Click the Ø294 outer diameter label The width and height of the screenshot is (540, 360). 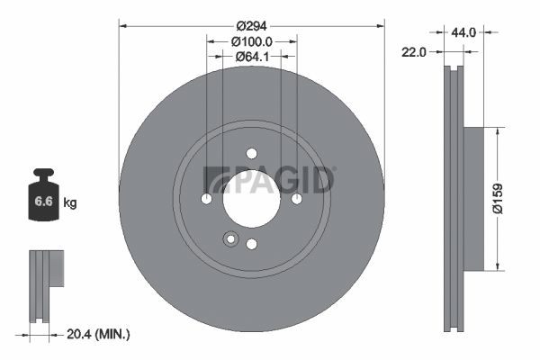(x=251, y=25)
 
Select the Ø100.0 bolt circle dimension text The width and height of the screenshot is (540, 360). (x=251, y=41)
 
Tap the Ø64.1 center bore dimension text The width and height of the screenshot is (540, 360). (x=251, y=57)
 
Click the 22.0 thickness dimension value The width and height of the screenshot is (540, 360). (x=414, y=52)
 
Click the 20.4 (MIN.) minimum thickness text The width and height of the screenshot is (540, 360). (x=98, y=334)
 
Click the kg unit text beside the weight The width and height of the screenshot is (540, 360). (x=70, y=203)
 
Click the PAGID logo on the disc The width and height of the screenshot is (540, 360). (x=270, y=180)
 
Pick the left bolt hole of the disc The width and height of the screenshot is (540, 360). (x=206, y=198)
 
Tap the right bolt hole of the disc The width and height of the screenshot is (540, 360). (x=296, y=198)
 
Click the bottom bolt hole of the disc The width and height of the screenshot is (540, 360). (x=251, y=243)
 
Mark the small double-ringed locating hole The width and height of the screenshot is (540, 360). (x=230, y=239)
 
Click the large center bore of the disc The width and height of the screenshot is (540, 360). (x=251, y=198)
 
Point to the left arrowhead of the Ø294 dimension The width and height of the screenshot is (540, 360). (x=122, y=25)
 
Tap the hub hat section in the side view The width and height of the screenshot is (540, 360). (x=473, y=198)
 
